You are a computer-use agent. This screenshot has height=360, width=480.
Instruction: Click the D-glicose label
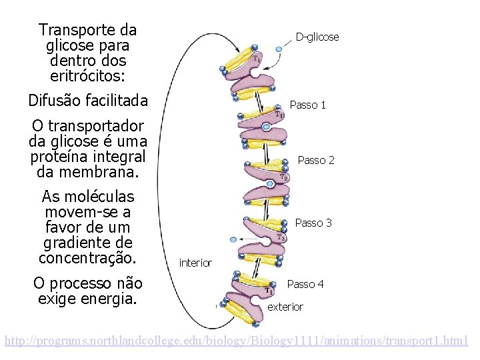(x=317, y=37)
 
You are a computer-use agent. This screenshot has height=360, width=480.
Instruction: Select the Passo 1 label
(x=307, y=105)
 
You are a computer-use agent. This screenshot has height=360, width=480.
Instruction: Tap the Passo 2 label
(x=316, y=161)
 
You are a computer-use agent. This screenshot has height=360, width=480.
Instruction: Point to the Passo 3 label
(x=313, y=223)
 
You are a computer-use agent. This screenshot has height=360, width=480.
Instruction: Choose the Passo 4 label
(x=305, y=285)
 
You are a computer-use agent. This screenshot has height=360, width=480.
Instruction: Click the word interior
(x=195, y=263)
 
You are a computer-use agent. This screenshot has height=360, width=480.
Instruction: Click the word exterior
(x=285, y=307)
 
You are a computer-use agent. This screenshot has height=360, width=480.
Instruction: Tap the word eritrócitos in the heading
(x=87, y=75)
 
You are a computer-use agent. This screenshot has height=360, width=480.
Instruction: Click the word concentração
(x=87, y=258)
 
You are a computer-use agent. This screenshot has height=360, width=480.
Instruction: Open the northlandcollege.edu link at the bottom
(x=237, y=341)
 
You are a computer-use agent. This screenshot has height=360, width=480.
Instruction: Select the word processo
(x=84, y=283)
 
